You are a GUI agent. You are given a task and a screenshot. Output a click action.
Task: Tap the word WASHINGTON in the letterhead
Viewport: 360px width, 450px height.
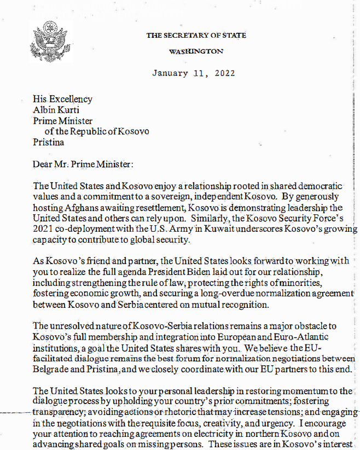[x=196, y=51]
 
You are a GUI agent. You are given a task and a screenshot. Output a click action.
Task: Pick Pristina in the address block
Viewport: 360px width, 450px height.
[x=48, y=142]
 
